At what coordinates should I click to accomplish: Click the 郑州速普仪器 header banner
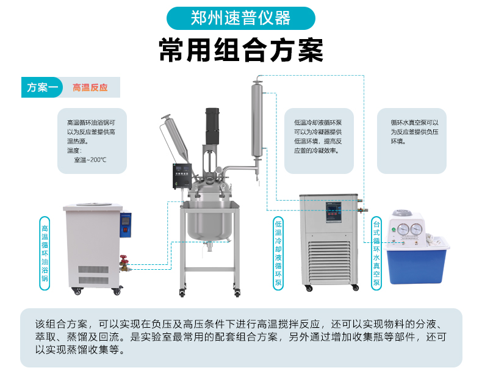[x=240, y=18]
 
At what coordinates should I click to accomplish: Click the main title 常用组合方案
[x=241, y=50]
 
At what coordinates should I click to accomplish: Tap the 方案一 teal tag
[x=42, y=87]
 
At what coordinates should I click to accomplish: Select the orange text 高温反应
[x=90, y=88]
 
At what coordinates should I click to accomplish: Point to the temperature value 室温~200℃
[x=90, y=160]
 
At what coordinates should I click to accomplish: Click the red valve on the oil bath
[x=124, y=260]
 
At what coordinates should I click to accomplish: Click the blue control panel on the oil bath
[x=126, y=225]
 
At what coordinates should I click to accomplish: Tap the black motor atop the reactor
[x=212, y=126]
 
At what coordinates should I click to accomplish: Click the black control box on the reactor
[x=182, y=176]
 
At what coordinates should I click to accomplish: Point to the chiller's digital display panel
[x=334, y=212]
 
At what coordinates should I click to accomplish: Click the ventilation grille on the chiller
[x=329, y=262]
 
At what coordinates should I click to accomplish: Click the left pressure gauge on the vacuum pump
[x=403, y=230]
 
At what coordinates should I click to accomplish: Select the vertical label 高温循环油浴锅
[x=45, y=253]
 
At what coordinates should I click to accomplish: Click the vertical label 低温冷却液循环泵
[x=278, y=253]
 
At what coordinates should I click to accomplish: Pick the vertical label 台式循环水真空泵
[x=376, y=253]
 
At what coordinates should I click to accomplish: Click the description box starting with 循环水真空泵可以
[x=412, y=141]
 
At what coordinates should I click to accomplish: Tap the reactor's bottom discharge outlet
[x=209, y=246]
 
